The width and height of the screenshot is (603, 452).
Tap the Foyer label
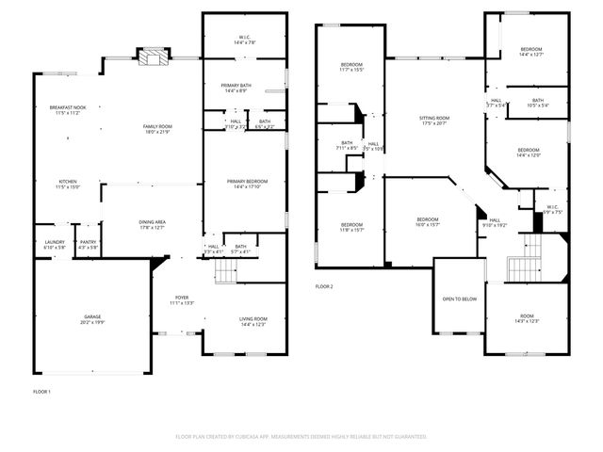pos(182,299)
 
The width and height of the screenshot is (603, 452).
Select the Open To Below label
pos(459,299)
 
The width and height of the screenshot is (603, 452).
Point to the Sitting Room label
pos(434,120)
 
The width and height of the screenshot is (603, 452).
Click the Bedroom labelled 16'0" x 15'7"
pos(428,221)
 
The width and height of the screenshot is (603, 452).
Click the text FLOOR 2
pos(324,287)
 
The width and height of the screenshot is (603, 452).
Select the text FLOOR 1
pos(41,391)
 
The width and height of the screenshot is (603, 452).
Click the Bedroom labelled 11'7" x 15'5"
pos(350,68)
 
